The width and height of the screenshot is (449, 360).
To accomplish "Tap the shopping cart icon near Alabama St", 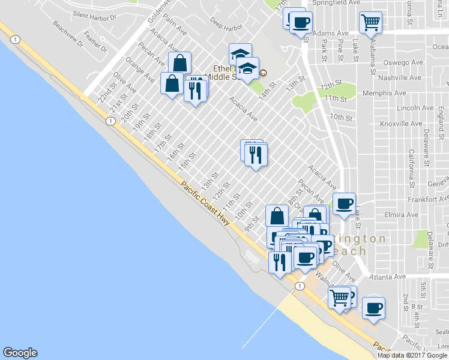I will click(371, 23).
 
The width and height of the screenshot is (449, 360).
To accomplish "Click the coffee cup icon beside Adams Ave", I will click(301, 23).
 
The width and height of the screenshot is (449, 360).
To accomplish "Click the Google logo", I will click(20, 353).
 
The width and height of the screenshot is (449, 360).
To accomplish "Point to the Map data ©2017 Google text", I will click(412, 355).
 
